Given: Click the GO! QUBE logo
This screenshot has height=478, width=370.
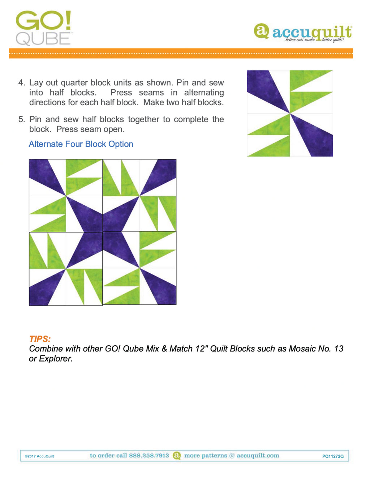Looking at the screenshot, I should (43, 28).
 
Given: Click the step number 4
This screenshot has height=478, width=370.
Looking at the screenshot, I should (21, 83).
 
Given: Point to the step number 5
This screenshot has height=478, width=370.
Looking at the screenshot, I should (21, 119).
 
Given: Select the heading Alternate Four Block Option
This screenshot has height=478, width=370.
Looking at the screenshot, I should (81, 144).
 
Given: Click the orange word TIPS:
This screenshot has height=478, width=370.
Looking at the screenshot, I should (40, 339).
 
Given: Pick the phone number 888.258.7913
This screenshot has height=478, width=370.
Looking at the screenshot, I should (149, 456).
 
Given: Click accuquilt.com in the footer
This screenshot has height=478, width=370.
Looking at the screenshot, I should (258, 456).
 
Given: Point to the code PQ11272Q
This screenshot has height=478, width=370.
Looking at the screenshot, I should (333, 456).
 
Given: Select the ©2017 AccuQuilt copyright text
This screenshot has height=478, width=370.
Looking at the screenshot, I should (39, 456).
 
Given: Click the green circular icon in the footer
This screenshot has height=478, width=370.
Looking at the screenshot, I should (177, 456).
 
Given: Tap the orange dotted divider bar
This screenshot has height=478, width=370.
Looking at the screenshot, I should (181, 53).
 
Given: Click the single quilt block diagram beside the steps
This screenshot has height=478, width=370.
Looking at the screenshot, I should (290, 113).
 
